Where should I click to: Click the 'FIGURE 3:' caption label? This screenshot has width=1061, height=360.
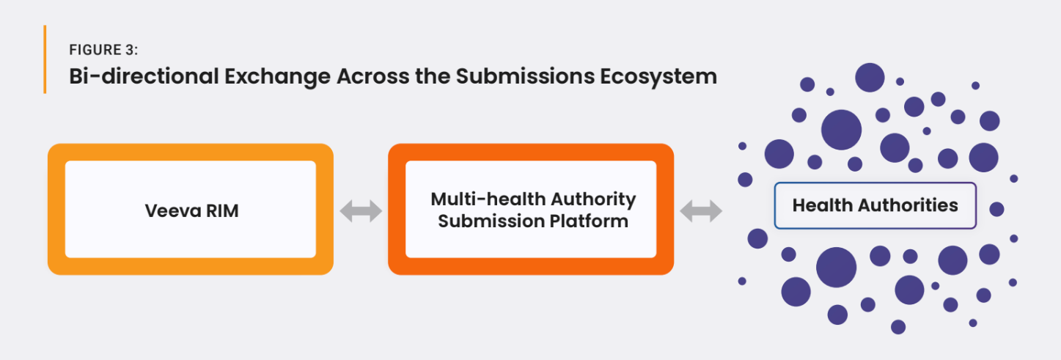(x=104, y=50)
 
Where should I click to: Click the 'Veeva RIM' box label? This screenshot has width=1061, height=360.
(x=191, y=211)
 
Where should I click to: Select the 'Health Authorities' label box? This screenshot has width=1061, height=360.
(x=875, y=205)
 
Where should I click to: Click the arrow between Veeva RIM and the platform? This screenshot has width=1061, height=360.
(x=361, y=211)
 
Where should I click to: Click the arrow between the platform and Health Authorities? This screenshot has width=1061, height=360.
(x=701, y=211)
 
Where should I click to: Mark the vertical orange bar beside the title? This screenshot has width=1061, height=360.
(x=45, y=59)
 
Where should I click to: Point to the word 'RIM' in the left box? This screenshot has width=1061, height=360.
(x=221, y=211)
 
